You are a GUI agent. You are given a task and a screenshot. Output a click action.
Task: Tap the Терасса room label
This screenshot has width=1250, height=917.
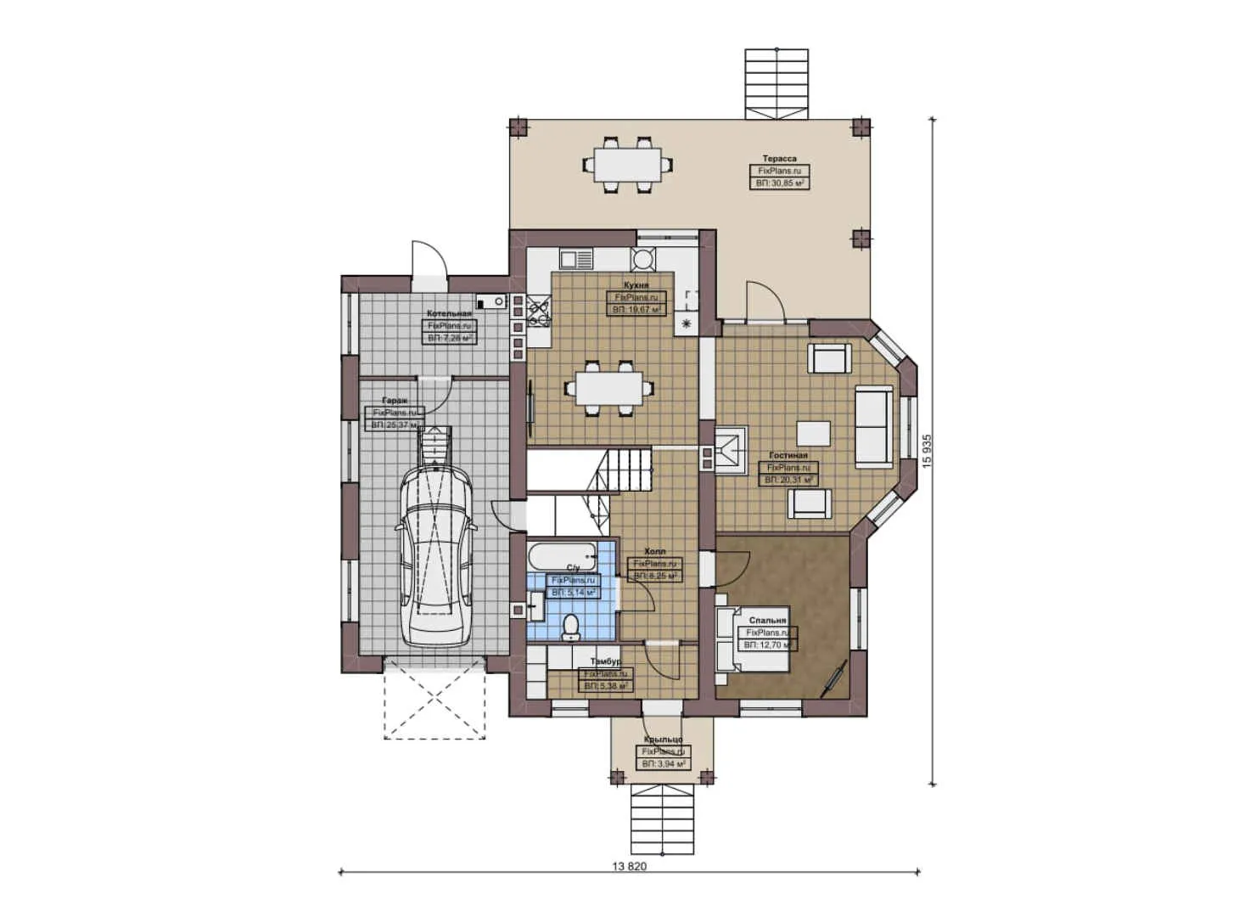tap(779, 159)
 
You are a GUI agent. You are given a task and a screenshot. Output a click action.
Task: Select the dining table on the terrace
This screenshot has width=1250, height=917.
tap(627, 163)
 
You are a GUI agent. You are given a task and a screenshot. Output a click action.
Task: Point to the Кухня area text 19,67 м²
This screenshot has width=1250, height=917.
tap(636, 310)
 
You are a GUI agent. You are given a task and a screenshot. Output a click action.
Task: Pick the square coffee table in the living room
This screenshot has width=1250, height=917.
tap(813, 432)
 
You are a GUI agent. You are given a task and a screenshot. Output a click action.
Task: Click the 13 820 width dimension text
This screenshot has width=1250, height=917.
tap(629, 867)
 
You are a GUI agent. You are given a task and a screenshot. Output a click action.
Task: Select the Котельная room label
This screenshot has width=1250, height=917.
tap(449, 314)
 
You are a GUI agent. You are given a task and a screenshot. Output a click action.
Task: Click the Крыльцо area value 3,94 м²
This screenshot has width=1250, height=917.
tap(663, 764)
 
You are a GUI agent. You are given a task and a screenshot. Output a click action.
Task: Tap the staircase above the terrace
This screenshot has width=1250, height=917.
tap(776, 83)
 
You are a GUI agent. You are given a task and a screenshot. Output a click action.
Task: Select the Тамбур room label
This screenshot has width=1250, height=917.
tap(606, 661)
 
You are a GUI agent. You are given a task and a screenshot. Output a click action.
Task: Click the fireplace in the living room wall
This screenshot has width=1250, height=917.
tap(729, 450)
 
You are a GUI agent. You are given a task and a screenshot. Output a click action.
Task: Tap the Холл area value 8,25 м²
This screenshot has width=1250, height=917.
tap(656, 576)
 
